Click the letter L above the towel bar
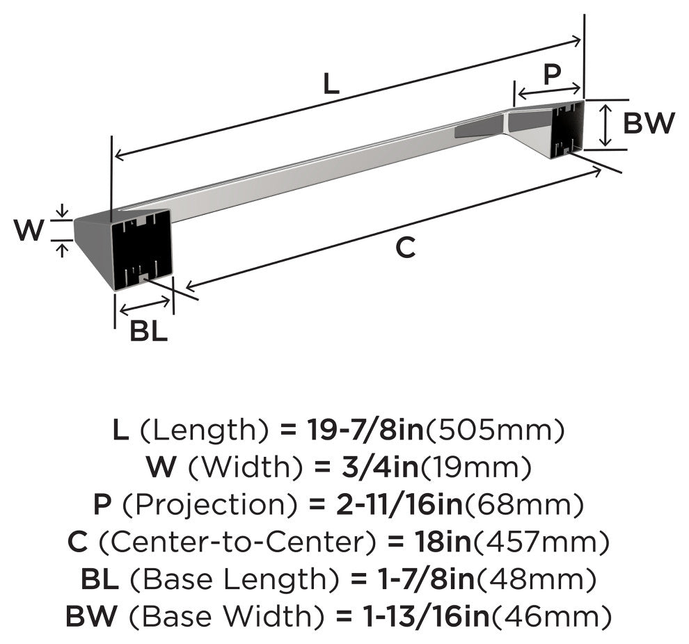click(x=331, y=84)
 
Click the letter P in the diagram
click(x=551, y=74)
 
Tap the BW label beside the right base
click(x=648, y=124)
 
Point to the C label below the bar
click(x=405, y=247)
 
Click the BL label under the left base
click(x=148, y=332)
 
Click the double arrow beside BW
click(x=607, y=124)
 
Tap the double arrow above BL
click(x=145, y=305)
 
